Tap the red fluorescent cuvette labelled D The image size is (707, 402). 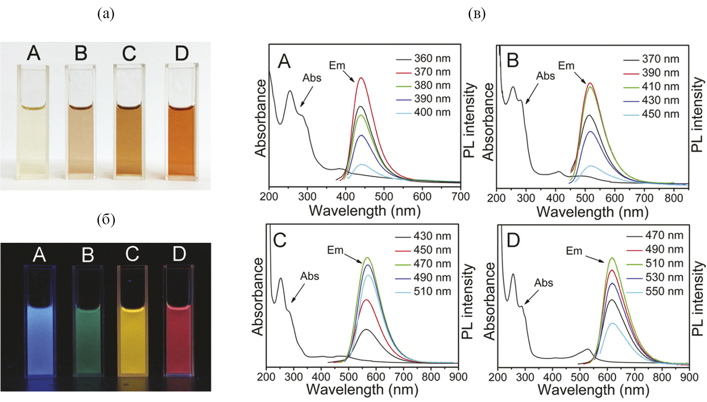179,329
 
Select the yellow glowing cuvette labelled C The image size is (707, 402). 132,329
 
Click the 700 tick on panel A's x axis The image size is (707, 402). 460,196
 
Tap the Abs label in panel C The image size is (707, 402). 310,276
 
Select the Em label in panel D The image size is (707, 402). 574,251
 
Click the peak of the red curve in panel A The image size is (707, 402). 361,78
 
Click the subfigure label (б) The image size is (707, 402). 106,220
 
